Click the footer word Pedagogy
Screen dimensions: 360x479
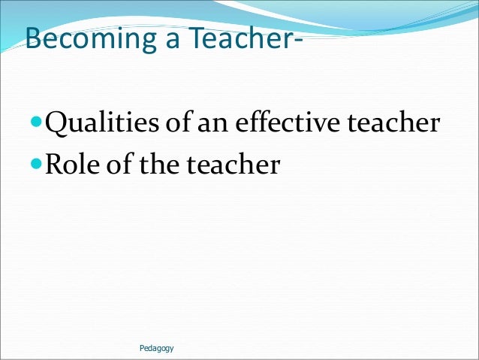[x=156, y=348]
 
